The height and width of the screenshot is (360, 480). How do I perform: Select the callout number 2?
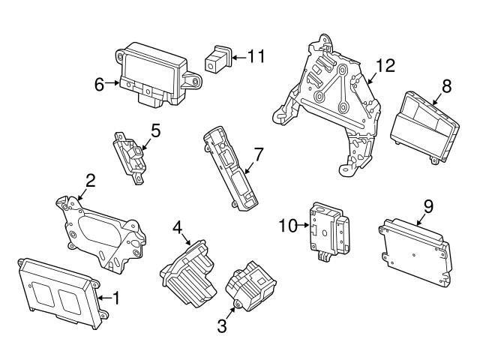click(90, 180)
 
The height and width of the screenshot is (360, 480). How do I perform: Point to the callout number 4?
click(177, 226)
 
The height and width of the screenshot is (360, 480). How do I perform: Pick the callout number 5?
click(155, 130)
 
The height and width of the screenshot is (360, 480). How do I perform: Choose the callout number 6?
click(99, 85)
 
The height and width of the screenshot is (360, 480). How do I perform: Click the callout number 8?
click(446, 86)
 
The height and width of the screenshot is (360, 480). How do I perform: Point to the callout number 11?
click(257, 55)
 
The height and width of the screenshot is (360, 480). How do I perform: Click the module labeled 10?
click(328, 229)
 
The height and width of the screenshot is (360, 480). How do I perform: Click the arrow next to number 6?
click(114, 84)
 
